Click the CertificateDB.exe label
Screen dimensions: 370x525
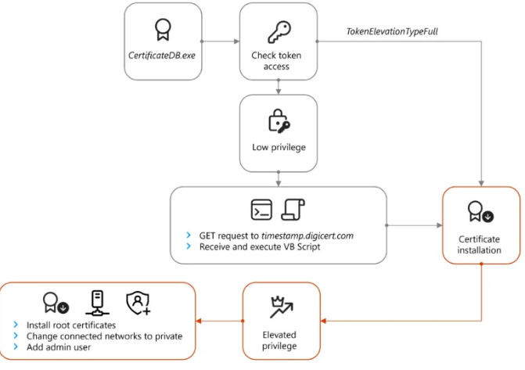click(x=161, y=56)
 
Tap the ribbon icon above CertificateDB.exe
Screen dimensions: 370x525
click(x=161, y=30)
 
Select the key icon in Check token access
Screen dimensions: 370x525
click(x=277, y=31)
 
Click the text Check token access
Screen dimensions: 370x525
click(x=277, y=61)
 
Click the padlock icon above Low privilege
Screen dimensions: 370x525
click(x=277, y=121)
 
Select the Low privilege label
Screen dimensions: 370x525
click(x=277, y=147)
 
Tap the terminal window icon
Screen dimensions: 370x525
click(x=261, y=210)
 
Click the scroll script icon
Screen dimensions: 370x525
click(x=293, y=209)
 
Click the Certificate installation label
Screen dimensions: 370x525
click(x=480, y=245)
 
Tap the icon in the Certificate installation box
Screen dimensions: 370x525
click(x=480, y=211)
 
